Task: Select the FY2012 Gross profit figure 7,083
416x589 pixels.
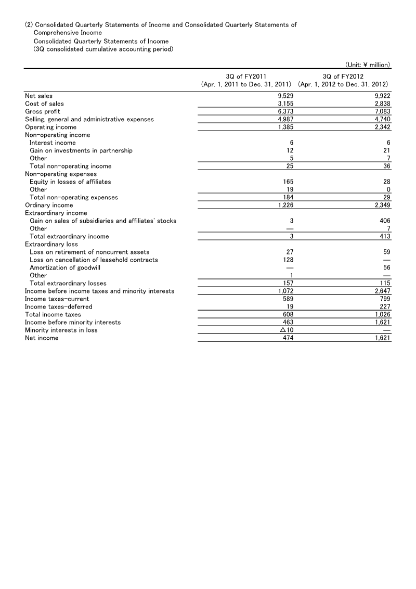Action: pyautogui.click(x=382, y=111)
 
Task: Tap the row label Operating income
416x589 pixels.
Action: pyautogui.click(x=50, y=127)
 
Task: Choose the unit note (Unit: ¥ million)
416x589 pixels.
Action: pyautogui.click(x=368, y=65)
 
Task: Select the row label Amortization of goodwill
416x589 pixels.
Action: pyautogui.click(x=65, y=267)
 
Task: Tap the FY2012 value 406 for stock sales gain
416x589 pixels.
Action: pyautogui.click(x=385, y=221)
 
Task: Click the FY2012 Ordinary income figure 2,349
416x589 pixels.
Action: pyautogui.click(x=382, y=205)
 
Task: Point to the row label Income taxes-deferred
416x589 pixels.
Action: pyautogui.click(x=57, y=306)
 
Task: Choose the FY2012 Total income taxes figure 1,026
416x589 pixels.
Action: pyautogui.click(x=382, y=314)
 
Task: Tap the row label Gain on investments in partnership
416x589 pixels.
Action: pyautogui.click(x=81, y=150)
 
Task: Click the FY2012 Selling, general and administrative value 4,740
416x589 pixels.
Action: pyautogui.click(x=382, y=119)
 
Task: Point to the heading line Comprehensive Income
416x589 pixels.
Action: pyautogui.click(x=68, y=33)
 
